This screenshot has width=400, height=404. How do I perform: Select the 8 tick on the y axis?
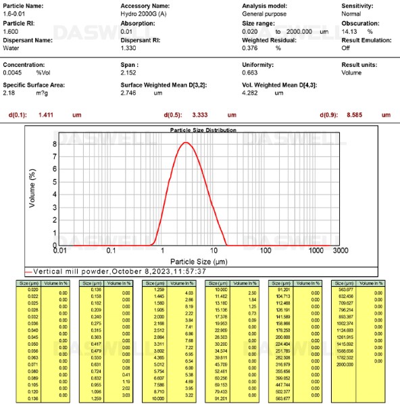[x=53, y=144]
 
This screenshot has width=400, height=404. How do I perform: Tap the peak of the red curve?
[x=186, y=142]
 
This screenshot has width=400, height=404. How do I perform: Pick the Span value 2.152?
[x=129, y=72]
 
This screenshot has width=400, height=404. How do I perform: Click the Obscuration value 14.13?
[x=351, y=31]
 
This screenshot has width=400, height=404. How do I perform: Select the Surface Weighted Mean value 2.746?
[x=129, y=93]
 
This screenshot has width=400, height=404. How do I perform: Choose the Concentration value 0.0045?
[x=14, y=72]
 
